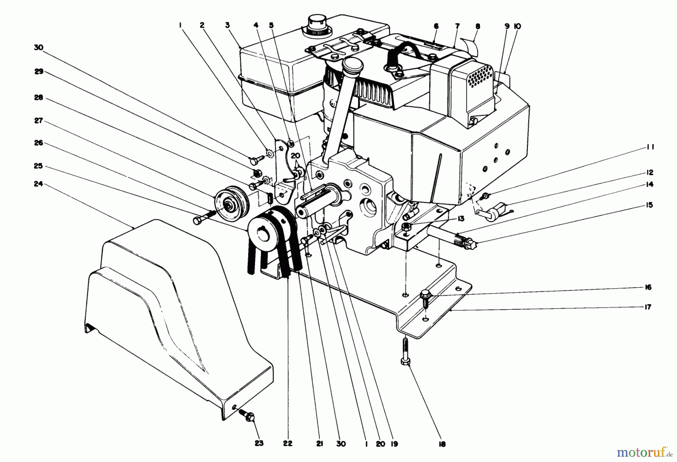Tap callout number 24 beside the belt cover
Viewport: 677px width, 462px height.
coord(38,184)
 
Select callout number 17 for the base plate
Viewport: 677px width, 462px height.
coord(648,307)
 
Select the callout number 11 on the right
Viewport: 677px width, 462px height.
coord(650,147)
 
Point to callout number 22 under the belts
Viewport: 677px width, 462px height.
coord(287,444)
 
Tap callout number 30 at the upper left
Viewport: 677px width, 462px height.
coord(38,48)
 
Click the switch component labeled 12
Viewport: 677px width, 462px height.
coord(497,209)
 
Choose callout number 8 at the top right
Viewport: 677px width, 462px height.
coord(478,26)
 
